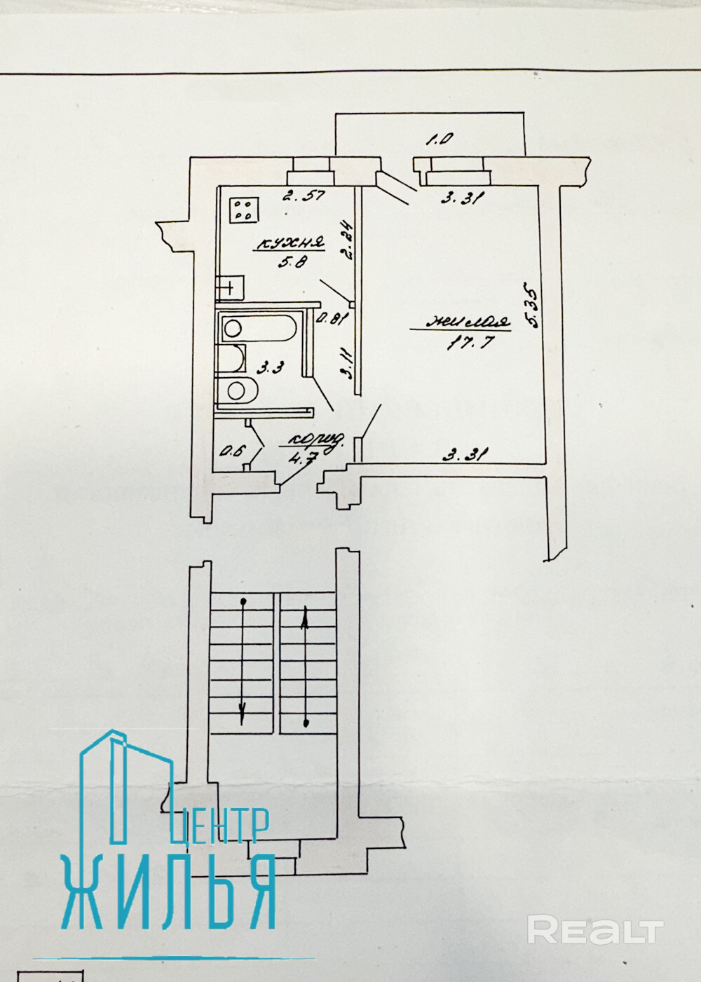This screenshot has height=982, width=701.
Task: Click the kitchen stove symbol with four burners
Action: (245, 209)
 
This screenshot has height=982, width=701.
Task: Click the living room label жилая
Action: (470, 323)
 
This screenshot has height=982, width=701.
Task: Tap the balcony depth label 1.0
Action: (440, 139)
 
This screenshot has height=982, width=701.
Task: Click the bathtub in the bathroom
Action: (259, 327)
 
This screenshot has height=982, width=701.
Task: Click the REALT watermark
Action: (595, 930)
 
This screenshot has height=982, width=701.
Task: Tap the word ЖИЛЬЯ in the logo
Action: (169, 891)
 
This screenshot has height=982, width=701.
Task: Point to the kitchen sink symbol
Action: (231, 287)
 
